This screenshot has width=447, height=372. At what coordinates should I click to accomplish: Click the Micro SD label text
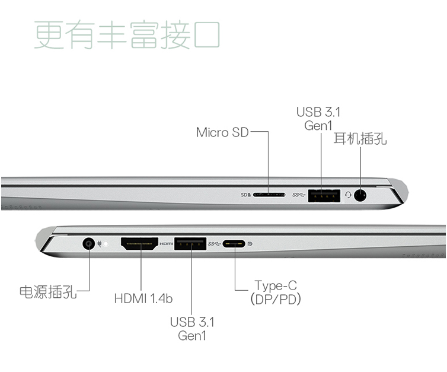pos(222,132)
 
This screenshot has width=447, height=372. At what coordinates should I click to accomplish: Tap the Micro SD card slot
pos(269,195)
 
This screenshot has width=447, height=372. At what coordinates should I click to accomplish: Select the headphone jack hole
pos(360,195)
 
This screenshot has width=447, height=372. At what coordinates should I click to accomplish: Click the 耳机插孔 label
pos(360,139)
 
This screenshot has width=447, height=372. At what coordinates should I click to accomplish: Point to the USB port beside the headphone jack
pos(324,196)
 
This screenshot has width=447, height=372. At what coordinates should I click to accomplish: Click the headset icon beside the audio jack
pos(348,195)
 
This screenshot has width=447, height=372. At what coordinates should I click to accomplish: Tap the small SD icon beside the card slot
pos(246,195)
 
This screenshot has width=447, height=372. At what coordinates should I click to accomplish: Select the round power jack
pos(89,244)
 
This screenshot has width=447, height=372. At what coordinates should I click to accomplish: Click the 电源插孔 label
pos(48,292)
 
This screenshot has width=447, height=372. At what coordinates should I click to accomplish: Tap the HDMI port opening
pos(140,244)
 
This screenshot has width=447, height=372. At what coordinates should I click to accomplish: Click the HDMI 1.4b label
pos(143,298)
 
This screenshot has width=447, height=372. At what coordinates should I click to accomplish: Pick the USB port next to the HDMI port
pos(190,244)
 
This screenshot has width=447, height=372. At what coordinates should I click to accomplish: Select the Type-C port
pos(234,244)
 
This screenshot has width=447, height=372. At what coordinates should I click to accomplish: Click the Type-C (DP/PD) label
pos(276,292)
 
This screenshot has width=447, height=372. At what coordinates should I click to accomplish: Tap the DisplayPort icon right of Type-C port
pos(250,244)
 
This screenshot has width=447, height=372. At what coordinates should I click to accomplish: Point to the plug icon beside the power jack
pos(100,244)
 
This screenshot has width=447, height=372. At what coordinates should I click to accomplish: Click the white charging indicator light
pos(106,244)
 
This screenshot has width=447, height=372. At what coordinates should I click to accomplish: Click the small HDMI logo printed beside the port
pos(166,244)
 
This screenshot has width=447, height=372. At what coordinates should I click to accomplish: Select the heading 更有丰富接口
pos(127,35)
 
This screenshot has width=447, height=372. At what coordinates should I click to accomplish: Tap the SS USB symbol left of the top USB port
pos(299,195)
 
